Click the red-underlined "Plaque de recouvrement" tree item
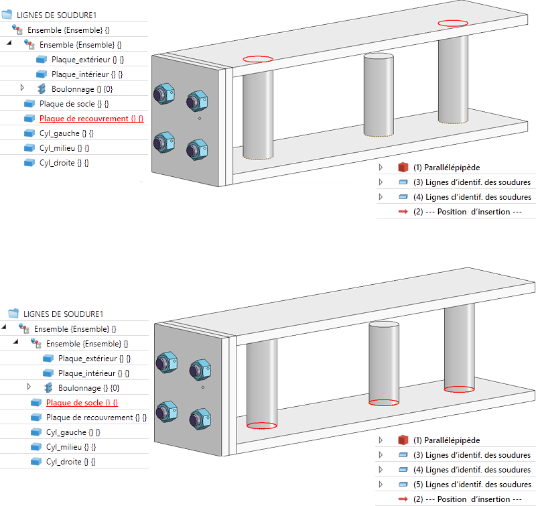point(92,119)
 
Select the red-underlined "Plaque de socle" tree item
point(82,403)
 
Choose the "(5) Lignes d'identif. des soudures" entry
point(478,485)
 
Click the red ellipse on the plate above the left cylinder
point(258,59)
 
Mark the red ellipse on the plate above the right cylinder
point(454,23)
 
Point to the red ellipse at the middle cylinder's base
point(385,403)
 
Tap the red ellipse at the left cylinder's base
point(262,425)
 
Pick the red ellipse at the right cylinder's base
point(460,389)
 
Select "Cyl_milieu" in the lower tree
point(71,447)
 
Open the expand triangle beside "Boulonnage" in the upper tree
point(22,88)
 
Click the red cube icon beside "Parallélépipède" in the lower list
point(403,440)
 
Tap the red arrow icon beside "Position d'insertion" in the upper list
point(403,212)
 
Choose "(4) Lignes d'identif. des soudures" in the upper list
point(478,197)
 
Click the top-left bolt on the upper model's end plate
point(164,94)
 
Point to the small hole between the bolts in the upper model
point(200,119)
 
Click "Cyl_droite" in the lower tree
point(71,462)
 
